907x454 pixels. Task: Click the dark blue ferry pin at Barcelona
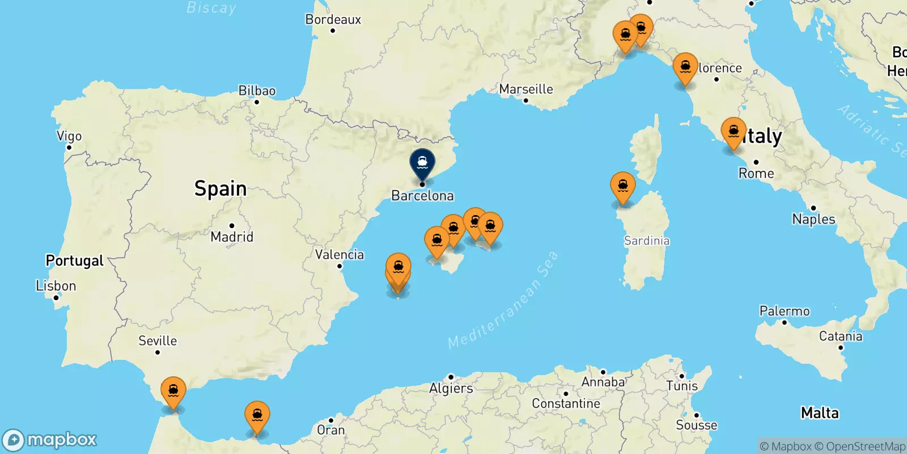(x=422, y=162)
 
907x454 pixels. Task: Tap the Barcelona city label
(x=422, y=196)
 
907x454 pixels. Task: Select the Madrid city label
(x=232, y=237)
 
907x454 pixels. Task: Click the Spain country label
(x=221, y=188)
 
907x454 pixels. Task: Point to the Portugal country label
(x=75, y=260)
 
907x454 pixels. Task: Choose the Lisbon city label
(x=56, y=285)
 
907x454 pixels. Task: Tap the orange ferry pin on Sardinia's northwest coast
(x=623, y=186)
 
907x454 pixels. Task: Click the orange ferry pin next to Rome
(x=734, y=132)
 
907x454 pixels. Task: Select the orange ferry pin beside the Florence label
(x=685, y=68)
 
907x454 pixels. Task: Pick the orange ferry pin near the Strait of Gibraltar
(x=173, y=391)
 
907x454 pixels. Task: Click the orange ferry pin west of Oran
(x=257, y=416)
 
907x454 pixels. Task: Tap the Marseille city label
(x=526, y=89)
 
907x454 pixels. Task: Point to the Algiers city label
(x=451, y=388)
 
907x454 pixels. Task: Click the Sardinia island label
(x=647, y=241)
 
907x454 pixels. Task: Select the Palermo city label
(x=785, y=311)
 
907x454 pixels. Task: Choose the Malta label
(x=820, y=413)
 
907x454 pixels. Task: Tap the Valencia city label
(x=340, y=254)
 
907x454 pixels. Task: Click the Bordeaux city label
(x=333, y=19)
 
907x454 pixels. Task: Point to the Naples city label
(x=813, y=219)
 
